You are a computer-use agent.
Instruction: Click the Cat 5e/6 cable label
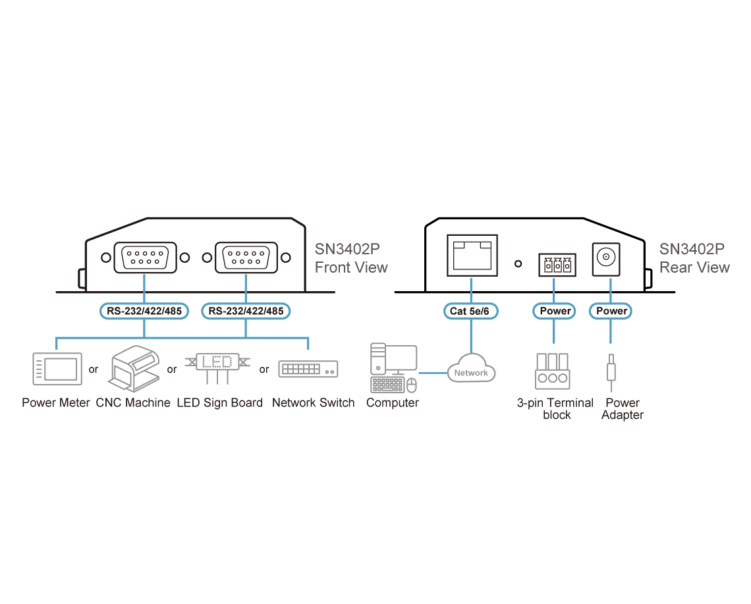[x=471, y=311]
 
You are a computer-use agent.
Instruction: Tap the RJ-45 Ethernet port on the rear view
[x=472, y=256]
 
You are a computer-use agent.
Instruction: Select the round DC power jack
[x=606, y=259]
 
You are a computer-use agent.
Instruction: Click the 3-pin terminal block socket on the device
[x=557, y=264]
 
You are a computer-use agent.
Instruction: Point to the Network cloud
[x=471, y=369]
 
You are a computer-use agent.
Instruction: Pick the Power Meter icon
[x=57, y=369]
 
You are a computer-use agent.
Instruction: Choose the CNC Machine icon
[x=134, y=368]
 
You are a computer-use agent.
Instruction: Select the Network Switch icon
[x=308, y=369]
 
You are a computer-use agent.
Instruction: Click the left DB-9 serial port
[x=145, y=258]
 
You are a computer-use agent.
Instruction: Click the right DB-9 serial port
[x=246, y=258]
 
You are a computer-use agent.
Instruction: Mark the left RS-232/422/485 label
[x=144, y=311]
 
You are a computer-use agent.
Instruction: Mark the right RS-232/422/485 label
[x=246, y=311]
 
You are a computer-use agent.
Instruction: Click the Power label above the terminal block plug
[x=554, y=311]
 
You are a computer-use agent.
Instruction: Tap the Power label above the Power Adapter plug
[x=611, y=311]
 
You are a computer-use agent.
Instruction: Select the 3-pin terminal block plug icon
[x=553, y=371]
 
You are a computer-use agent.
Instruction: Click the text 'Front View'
[x=351, y=267]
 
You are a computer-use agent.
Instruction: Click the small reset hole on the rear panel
[x=518, y=264]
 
